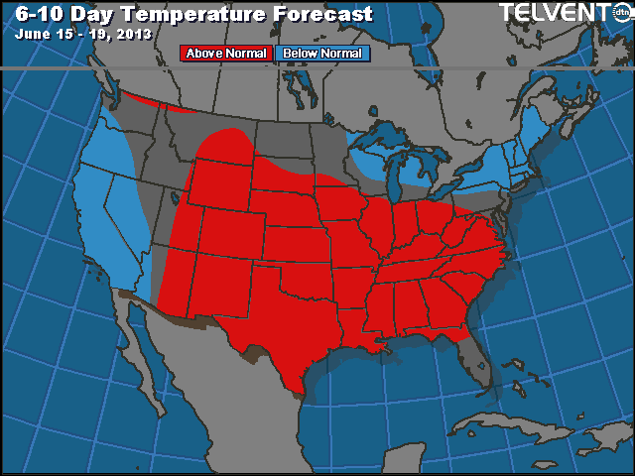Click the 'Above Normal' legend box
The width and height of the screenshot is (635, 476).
[x=225, y=54]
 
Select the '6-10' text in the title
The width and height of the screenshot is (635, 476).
[x=39, y=13]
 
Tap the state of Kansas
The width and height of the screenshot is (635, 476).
[x=298, y=243]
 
